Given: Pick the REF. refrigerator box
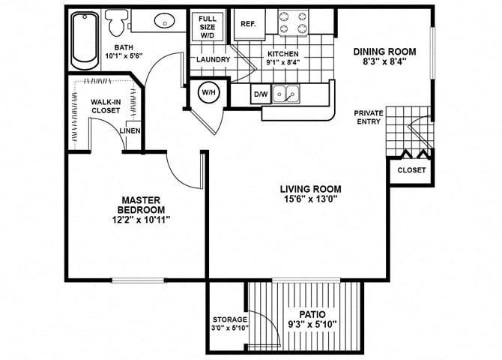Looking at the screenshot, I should click(249, 24).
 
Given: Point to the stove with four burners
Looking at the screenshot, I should click(294, 22).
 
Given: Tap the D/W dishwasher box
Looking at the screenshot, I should click(261, 94).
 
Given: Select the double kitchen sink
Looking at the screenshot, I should click(285, 94).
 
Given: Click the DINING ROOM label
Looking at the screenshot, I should click(385, 52).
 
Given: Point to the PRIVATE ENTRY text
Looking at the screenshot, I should click(369, 116).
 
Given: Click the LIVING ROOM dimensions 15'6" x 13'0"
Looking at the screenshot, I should click(310, 200).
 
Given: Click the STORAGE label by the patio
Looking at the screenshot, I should click(229, 319).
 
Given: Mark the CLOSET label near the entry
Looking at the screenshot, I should click(411, 170).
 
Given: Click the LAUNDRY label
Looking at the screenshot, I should click(213, 59).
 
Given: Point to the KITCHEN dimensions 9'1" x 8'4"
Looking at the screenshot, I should click(283, 64).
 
